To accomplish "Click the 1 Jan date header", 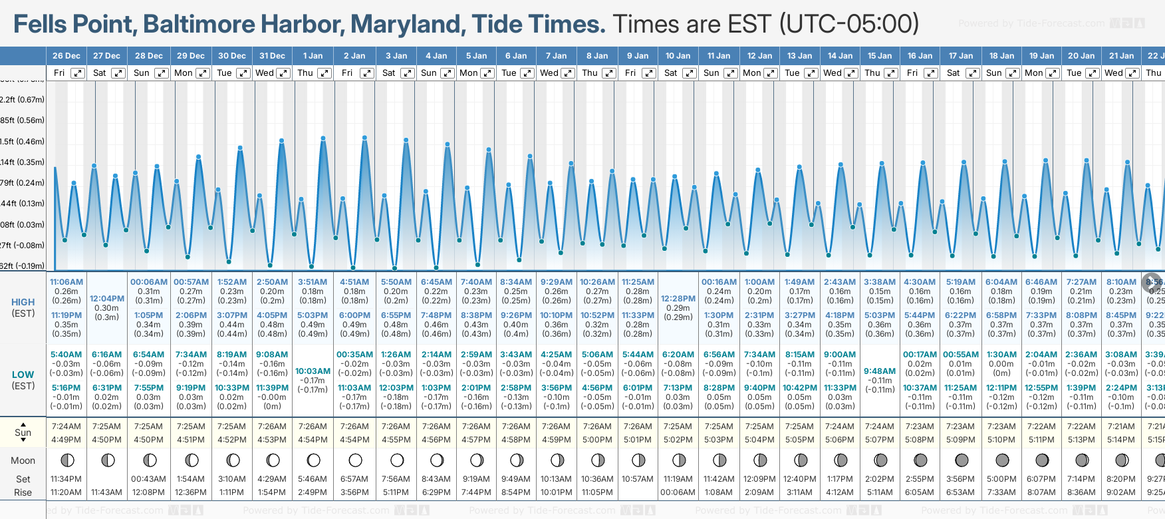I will coord(313,56).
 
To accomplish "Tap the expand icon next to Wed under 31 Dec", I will coord(283,73).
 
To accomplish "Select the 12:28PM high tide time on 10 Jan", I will coord(678,299).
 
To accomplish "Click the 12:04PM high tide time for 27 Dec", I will coord(107,299).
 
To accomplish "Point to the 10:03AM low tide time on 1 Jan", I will coord(313,371).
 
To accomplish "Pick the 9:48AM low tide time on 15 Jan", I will coord(880,371).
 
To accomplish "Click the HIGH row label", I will coord(23,302).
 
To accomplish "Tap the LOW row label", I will coord(23,375).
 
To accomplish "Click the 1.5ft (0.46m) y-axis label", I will coord(23,141).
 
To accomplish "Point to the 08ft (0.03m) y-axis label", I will coord(23,224).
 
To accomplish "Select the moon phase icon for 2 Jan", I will coord(356,460).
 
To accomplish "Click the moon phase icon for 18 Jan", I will coord(1002,460).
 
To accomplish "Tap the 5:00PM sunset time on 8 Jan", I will coord(597,440).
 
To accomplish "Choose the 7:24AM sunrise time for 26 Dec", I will coord(66,427).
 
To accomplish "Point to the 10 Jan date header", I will coord(678,56).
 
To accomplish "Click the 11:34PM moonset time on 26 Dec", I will coord(66,479).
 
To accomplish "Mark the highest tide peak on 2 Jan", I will coord(364,138).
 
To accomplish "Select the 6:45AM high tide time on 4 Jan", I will coord(436,282).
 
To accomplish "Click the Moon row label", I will coord(23,460).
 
